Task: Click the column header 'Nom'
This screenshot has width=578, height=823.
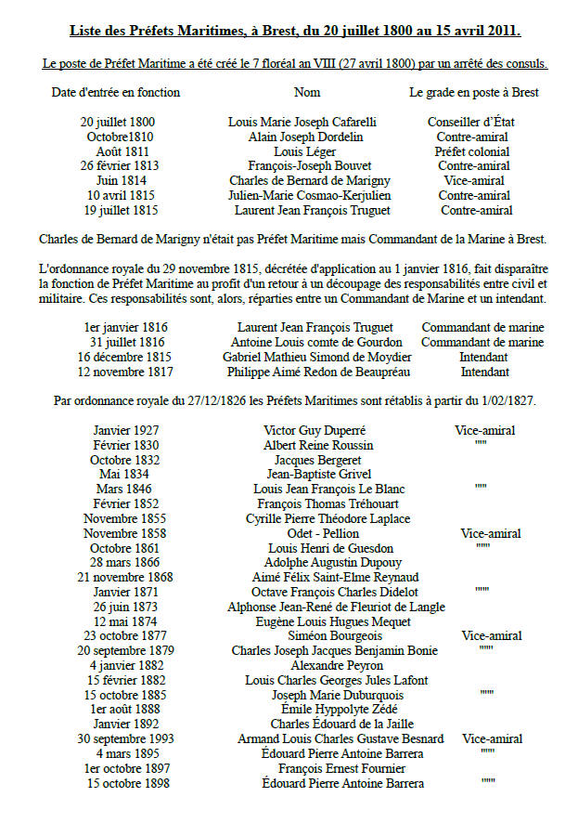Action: (306, 93)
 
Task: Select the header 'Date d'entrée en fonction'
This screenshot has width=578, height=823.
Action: (116, 93)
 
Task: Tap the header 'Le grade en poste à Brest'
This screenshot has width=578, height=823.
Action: (474, 93)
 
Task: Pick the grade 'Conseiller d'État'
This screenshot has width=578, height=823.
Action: (469, 122)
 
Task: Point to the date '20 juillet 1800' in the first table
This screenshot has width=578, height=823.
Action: (118, 122)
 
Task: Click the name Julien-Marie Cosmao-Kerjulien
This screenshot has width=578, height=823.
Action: (309, 196)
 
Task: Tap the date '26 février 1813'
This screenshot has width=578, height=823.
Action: (119, 166)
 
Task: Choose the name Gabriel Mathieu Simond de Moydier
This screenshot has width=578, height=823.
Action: (317, 358)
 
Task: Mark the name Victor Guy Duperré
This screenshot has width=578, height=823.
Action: (307, 431)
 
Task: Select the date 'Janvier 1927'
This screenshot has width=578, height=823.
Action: (126, 431)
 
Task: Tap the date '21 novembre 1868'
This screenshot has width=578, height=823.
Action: (122, 578)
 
